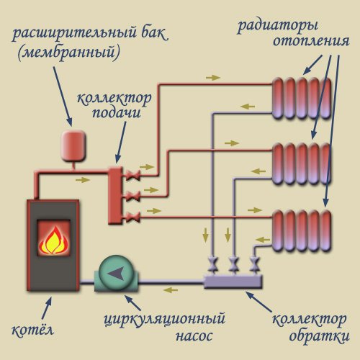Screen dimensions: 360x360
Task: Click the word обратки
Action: tap(312, 336)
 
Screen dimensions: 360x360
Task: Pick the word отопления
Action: tap(305, 42)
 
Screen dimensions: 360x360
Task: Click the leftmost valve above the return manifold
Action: tap(214, 261)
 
